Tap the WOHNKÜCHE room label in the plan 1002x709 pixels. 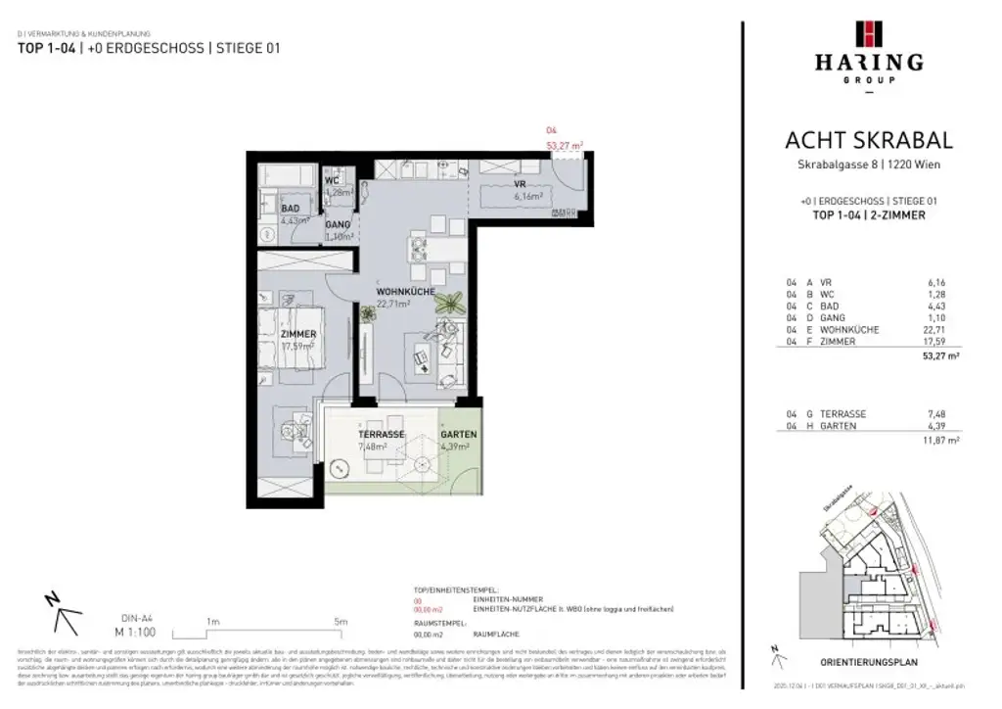click(x=406, y=293)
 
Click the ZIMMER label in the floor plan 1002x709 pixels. click(x=297, y=334)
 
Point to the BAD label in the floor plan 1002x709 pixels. click(x=290, y=209)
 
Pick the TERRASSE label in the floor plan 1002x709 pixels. click(x=382, y=435)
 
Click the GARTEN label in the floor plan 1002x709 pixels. click(x=458, y=435)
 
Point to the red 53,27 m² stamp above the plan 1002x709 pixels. click(x=564, y=145)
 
